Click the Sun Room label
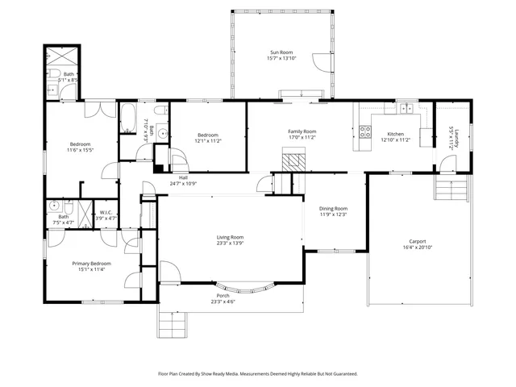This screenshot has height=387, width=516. (x=281, y=52)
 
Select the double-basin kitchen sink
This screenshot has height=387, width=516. (x=403, y=108)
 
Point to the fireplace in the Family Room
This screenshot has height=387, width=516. (x=293, y=161)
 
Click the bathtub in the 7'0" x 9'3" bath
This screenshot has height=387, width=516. (x=128, y=119)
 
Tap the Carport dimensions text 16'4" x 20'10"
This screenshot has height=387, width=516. (x=417, y=248)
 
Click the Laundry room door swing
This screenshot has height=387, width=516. (x=447, y=164)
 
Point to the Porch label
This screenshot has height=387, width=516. (x=222, y=295)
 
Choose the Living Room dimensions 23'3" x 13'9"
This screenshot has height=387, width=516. (x=230, y=243)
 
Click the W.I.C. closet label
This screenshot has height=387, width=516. (x=106, y=213)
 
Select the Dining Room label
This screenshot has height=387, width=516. (x=333, y=208)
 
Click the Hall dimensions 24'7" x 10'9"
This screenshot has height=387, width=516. (x=183, y=184)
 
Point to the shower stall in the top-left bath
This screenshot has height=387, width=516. (x=61, y=60)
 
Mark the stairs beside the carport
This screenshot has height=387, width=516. (x=452, y=190)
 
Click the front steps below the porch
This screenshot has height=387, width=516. (x=173, y=324)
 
